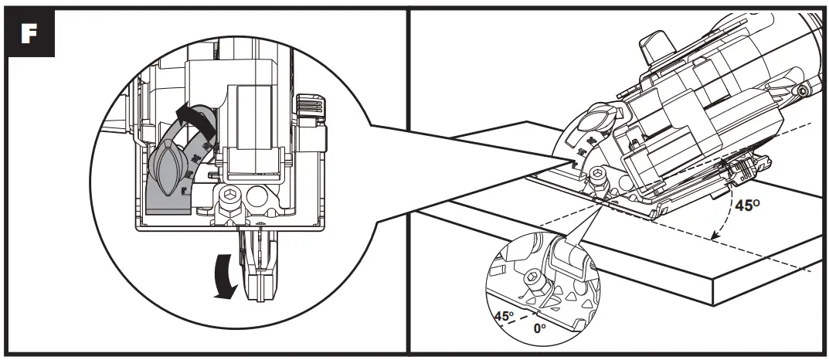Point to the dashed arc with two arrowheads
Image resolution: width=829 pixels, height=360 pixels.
point(725,220)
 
